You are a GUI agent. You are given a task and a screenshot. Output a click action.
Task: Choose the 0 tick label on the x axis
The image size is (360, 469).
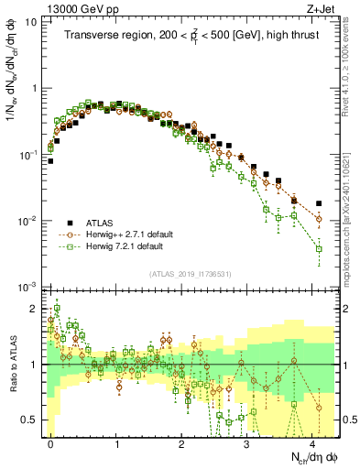51,442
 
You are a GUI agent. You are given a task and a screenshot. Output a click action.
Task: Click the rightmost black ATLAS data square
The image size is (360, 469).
319,203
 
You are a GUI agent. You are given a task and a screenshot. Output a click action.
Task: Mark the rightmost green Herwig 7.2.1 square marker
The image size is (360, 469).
319,248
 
